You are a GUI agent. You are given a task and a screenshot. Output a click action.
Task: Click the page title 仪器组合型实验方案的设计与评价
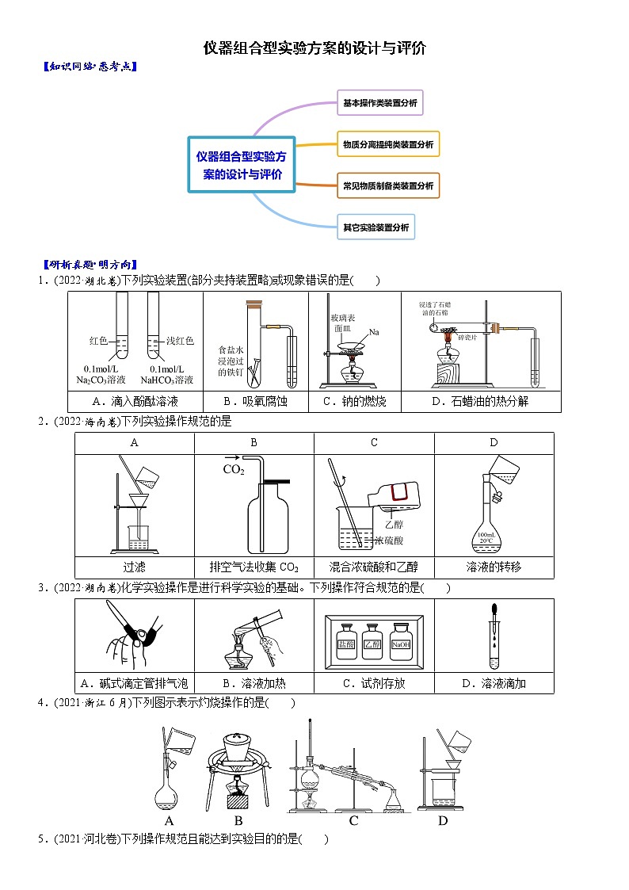click(314, 48)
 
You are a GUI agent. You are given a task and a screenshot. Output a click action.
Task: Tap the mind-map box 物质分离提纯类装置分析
click(387, 145)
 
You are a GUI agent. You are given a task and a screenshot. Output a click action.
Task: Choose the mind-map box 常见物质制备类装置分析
click(387, 186)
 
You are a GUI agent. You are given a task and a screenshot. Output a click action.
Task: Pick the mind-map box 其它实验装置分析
click(375, 227)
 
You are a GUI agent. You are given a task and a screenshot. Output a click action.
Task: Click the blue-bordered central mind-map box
click(242, 165)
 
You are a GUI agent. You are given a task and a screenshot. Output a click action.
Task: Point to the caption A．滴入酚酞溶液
click(135, 402)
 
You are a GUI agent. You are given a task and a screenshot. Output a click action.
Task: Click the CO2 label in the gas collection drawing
click(234, 470)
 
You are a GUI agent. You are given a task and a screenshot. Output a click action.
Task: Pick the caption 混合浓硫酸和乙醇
click(373, 567)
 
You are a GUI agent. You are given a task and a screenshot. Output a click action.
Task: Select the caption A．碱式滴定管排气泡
click(135, 683)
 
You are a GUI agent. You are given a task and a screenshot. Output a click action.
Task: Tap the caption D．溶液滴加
click(494, 683)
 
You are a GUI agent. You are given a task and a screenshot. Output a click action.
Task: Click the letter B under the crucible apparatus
click(238, 821)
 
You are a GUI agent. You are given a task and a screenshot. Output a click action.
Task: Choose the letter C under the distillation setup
click(353, 821)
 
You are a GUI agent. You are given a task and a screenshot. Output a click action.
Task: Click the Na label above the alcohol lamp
click(374, 331)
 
